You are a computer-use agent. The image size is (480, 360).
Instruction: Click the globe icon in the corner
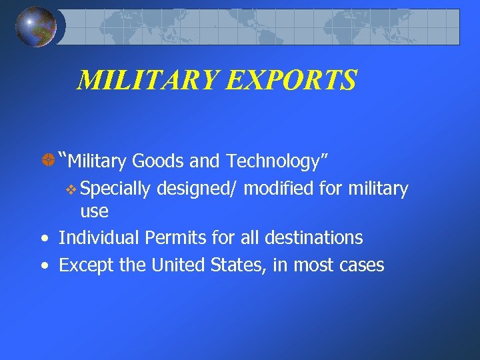(36, 27)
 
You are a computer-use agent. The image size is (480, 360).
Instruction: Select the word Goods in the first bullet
(153, 161)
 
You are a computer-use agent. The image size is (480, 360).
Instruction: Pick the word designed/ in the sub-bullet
(197, 189)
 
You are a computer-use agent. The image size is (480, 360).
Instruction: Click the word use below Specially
(94, 212)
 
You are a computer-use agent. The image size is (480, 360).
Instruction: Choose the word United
(175, 265)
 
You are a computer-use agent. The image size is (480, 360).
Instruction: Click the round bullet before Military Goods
(47, 161)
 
